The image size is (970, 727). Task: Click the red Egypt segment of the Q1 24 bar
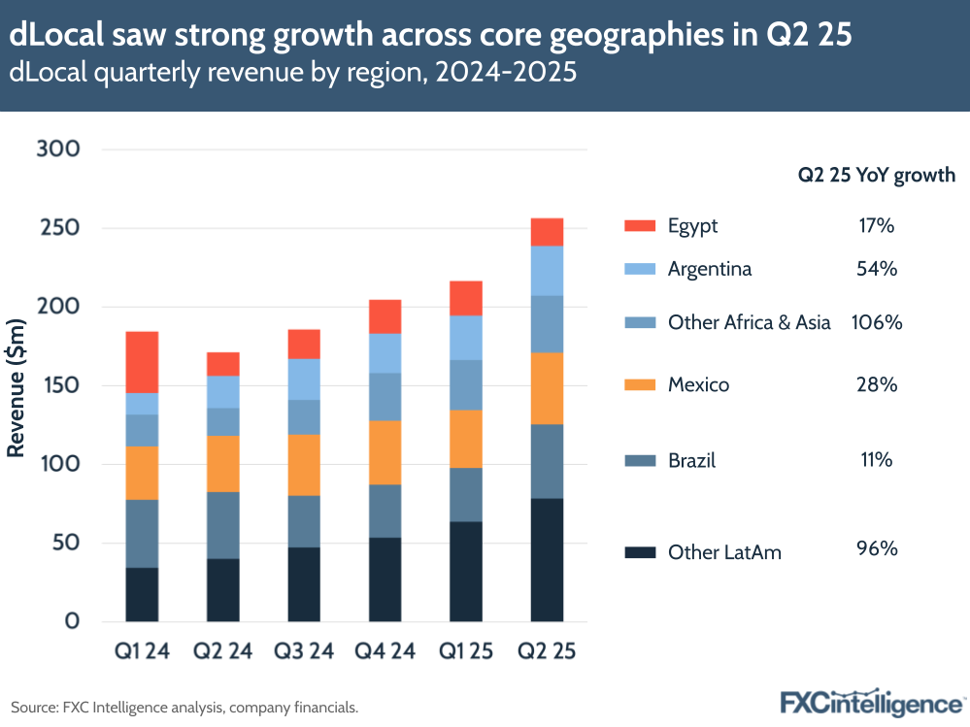click(142, 362)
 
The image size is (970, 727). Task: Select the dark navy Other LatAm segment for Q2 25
click(547, 559)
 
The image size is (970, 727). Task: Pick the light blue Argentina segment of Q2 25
click(547, 271)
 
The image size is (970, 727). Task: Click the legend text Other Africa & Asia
click(749, 322)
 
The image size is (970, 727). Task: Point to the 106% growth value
click(877, 322)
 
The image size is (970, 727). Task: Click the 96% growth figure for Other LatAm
click(877, 549)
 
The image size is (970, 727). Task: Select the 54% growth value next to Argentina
click(877, 269)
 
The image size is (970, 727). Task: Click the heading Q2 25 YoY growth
click(876, 176)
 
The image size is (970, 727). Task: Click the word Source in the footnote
click(33, 707)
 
